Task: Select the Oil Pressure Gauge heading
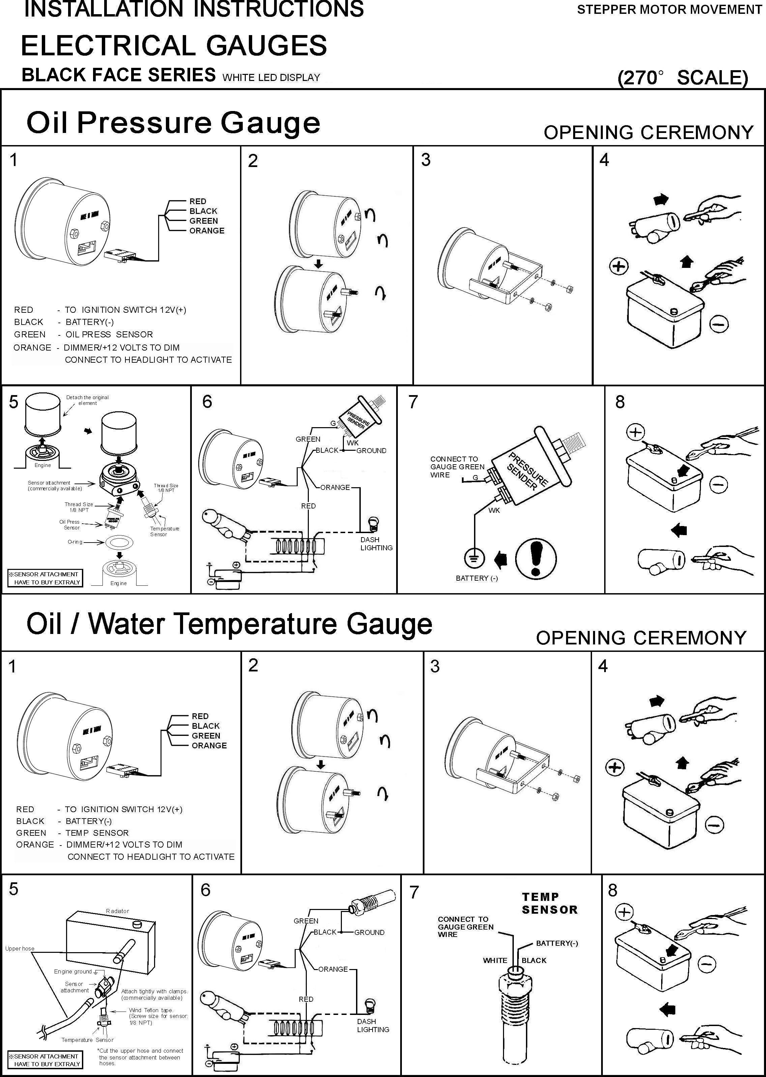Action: pos(173,123)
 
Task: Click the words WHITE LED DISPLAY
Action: pos(271,77)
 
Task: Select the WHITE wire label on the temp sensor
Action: pos(495,961)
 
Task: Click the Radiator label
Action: pos(117,911)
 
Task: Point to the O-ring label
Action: pos(75,542)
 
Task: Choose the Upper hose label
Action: pos(20,949)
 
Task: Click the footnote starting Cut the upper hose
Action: pos(140,1057)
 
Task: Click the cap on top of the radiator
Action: pos(138,923)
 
